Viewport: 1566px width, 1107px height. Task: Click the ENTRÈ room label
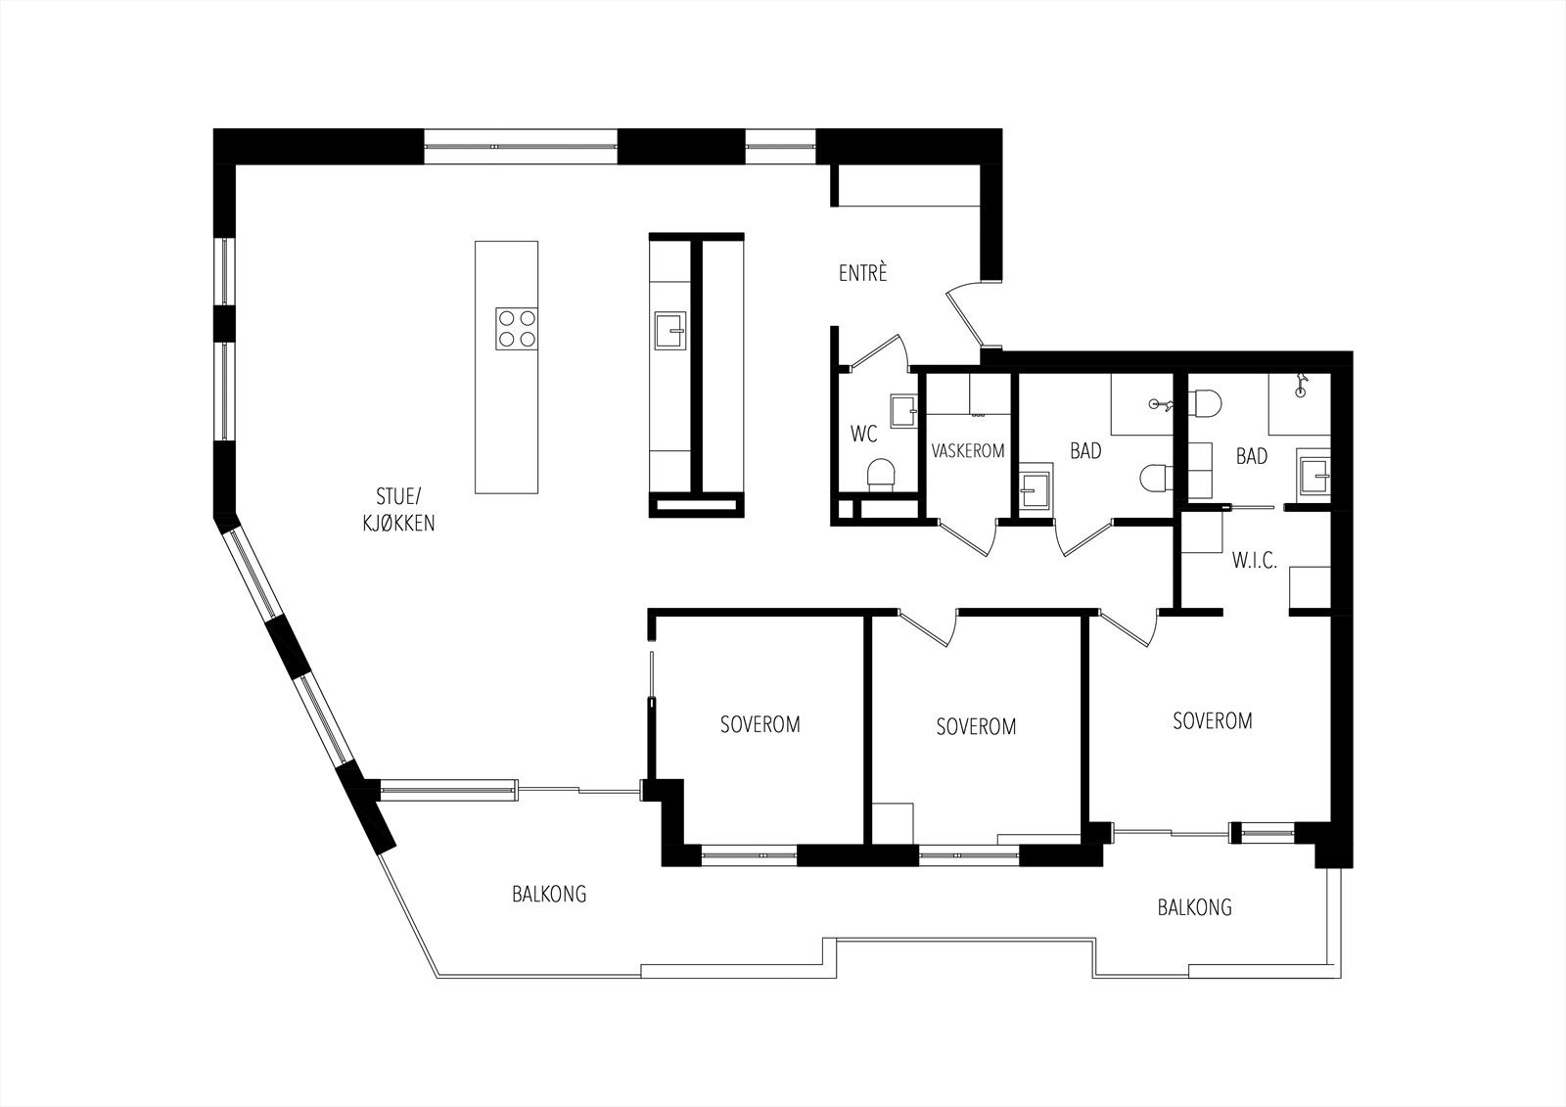coord(862,273)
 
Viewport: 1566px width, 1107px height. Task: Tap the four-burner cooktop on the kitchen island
coord(517,329)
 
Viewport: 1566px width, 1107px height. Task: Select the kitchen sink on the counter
coord(670,330)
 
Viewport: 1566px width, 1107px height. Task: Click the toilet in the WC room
coord(881,475)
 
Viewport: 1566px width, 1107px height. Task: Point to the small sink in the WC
coord(904,410)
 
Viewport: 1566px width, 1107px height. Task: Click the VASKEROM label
coord(968,451)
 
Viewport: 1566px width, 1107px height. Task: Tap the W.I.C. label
coord(1254,560)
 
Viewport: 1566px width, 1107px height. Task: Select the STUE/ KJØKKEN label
coord(398,510)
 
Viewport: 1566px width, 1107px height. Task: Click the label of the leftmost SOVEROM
coord(760,724)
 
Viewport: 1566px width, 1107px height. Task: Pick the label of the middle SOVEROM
coord(976,727)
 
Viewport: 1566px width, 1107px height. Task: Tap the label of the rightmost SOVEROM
coord(1213,721)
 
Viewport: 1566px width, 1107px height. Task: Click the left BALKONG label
coord(549,895)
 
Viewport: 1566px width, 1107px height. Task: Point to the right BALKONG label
coord(1194,907)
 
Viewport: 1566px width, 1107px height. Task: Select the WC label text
coord(863,435)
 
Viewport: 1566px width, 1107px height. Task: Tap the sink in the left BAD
coord(1036,489)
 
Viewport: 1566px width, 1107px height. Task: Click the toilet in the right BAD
coord(1204,404)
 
